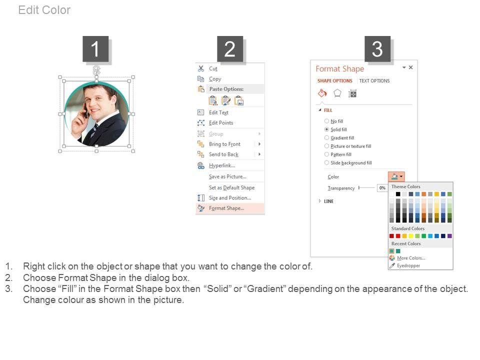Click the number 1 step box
tap(95, 48)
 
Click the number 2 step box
tap(230, 48)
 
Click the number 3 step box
tap(377, 48)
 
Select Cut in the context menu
tap(213, 68)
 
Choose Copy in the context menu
tap(215, 79)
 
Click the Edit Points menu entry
tap(221, 123)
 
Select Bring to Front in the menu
tap(224, 144)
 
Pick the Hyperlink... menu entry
tap(222, 165)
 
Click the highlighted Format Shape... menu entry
tap(226, 208)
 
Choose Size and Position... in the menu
tap(230, 198)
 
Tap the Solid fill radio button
tap(326, 129)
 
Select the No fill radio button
tap(326, 121)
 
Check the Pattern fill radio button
tap(326, 154)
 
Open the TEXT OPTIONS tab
tap(374, 81)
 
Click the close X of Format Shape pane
tap(411, 67)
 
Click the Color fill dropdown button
tap(396, 176)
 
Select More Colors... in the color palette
tap(411, 258)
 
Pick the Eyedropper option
tap(408, 265)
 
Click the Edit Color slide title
tap(44, 10)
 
